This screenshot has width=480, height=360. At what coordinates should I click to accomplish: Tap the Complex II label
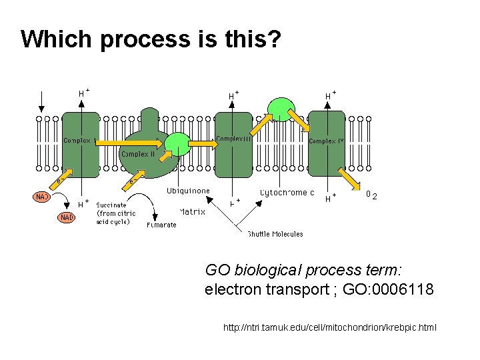(x=138, y=154)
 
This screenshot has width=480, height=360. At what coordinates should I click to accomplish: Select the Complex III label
(x=234, y=139)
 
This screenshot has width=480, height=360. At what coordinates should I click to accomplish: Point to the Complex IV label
(x=327, y=141)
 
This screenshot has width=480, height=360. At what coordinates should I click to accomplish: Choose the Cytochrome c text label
(x=287, y=193)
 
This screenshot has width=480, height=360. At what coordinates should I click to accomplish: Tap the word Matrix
(x=192, y=212)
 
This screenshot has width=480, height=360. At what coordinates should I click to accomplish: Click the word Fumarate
(x=161, y=225)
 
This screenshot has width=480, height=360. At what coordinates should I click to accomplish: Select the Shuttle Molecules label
(x=275, y=234)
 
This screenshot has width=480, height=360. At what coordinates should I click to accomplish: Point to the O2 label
(x=371, y=195)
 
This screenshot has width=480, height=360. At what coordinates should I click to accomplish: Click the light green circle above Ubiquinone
(x=177, y=144)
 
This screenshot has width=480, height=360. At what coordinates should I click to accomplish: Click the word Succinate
(x=111, y=205)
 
